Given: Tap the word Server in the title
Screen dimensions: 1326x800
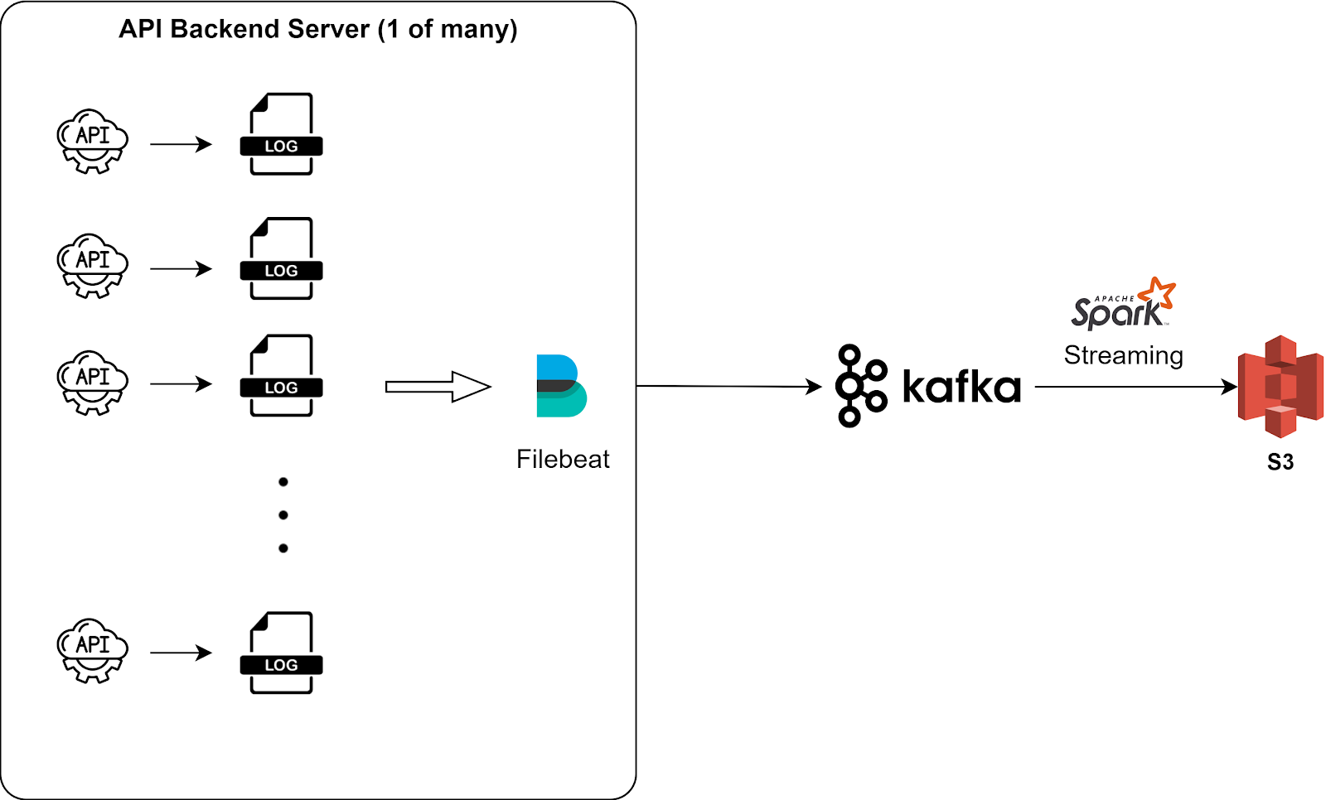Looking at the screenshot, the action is [328, 29].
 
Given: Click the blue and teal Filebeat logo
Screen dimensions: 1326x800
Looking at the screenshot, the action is [561, 386].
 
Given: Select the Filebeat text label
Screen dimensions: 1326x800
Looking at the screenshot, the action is [563, 459].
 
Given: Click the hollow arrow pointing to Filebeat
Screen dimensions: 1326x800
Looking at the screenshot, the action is [438, 387].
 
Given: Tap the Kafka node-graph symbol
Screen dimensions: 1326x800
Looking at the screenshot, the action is [861, 386].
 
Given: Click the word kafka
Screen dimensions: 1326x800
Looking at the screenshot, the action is [962, 387].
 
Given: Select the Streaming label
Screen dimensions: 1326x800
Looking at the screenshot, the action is [1124, 355].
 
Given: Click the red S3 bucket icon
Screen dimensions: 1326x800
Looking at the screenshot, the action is [1280, 387].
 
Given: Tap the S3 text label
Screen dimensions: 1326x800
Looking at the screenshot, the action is [1280, 462].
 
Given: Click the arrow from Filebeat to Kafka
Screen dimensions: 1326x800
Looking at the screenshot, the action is [729, 387].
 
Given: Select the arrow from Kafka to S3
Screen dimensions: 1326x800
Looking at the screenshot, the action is [1136, 387].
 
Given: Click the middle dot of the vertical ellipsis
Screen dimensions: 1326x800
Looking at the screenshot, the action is [283, 515].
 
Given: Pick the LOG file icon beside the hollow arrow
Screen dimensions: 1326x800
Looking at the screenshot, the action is [281, 376].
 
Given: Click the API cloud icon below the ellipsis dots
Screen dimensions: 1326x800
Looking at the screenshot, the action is [92, 651].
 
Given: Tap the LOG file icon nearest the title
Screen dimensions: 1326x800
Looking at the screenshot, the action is [281, 134].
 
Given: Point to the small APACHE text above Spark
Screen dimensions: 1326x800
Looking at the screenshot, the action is [1115, 299].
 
